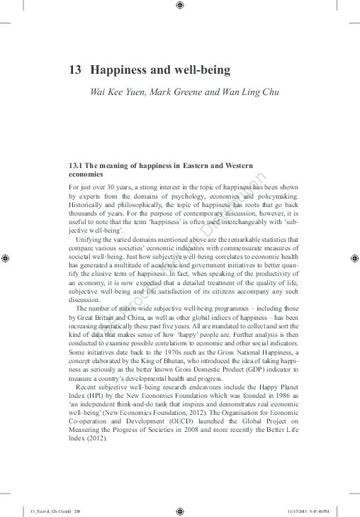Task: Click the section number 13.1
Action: (76, 165)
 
